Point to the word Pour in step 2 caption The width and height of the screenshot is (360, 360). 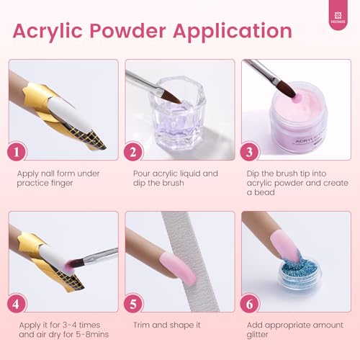click(143, 174)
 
